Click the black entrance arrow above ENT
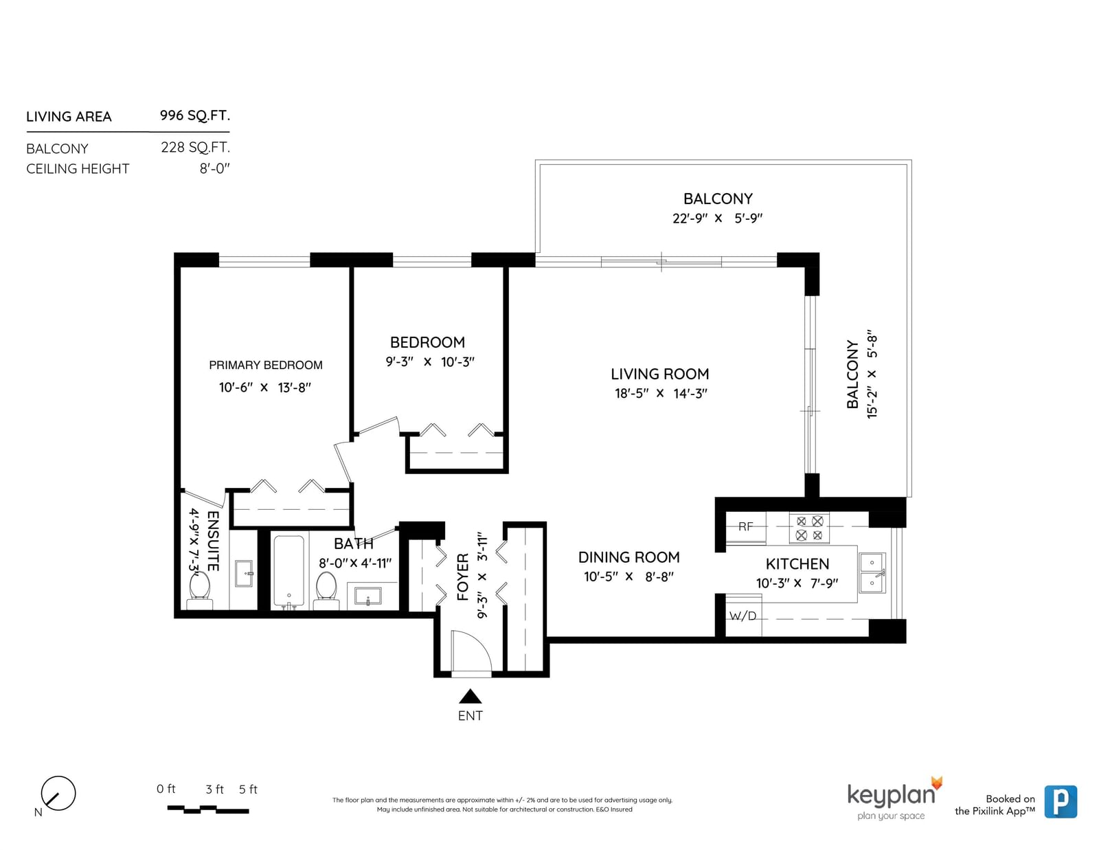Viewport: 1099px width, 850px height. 470,697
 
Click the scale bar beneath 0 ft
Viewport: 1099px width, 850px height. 208,809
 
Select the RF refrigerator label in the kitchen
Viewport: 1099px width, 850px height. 745,526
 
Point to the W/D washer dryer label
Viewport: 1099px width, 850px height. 743,616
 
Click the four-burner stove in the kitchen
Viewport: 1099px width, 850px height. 808,528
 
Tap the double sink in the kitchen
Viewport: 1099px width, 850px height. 872,573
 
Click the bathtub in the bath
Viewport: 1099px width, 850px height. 288,571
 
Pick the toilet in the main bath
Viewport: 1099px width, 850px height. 326,590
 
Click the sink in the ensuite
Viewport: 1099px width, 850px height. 245,573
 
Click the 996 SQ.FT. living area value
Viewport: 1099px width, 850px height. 194,115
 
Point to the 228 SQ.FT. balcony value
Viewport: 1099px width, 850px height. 195,147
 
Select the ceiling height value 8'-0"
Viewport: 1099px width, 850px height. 214,168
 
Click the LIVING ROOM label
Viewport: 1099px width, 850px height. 659,374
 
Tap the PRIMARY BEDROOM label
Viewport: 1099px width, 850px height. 266,365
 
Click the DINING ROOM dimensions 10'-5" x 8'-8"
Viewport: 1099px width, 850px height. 628,577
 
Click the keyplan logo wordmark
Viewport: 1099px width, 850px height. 891,795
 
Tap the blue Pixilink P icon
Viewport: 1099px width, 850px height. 1061,801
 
